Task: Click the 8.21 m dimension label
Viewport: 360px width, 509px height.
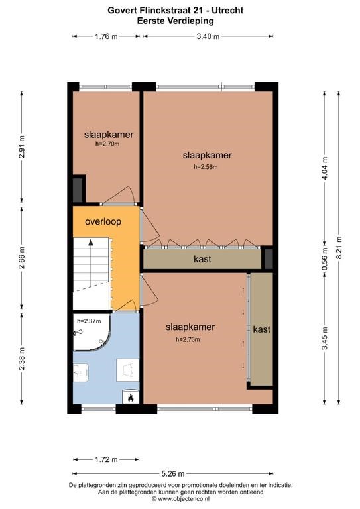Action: pos(339,247)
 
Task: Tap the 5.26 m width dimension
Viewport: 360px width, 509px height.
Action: pos(172,474)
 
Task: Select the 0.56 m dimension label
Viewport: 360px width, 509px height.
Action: pos(325,259)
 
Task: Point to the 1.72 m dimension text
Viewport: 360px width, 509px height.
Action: pos(106,459)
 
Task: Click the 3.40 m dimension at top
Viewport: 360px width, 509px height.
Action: pos(208,36)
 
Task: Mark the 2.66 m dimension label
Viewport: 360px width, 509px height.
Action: pos(22,258)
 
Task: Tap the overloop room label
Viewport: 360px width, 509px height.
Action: pos(103,222)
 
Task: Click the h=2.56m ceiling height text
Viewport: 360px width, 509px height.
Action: pos(206,167)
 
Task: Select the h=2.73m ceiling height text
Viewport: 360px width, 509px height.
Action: pos(188,340)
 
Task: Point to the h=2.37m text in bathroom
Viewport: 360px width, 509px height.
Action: pos(89,321)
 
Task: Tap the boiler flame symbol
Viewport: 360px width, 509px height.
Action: pos(131,398)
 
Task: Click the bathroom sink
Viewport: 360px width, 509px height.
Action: pos(80,372)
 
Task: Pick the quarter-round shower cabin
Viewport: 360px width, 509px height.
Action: pos(92,332)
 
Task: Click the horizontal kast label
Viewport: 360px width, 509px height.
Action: pos(202,259)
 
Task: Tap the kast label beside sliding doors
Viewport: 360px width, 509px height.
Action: pos(262,329)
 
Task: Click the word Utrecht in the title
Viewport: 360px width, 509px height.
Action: pos(227,11)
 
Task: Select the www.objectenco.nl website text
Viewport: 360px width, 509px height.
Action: pos(184,498)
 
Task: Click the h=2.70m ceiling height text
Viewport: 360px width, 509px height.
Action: pos(107,144)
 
